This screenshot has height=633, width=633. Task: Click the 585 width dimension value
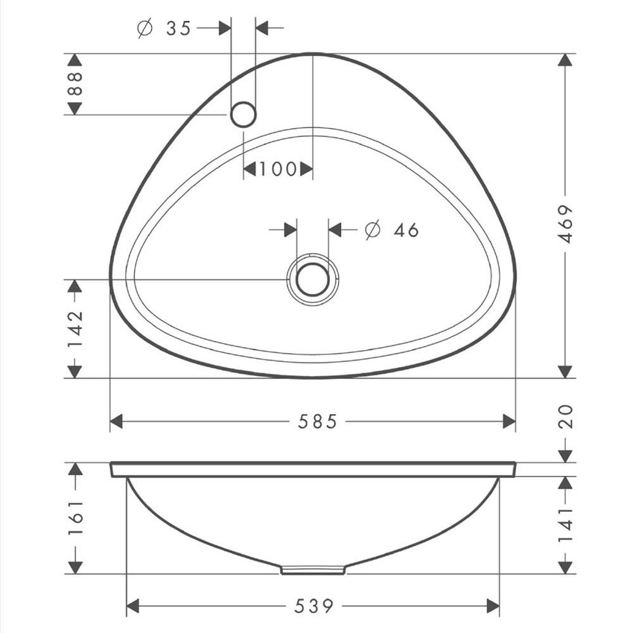pyautogui.click(x=318, y=422)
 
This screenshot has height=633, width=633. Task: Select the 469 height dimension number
pyautogui.click(x=565, y=223)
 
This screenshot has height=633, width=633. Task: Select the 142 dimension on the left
pyautogui.click(x=75, y=328)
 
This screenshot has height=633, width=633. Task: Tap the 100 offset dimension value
pyautogui.click(x=278, y=169)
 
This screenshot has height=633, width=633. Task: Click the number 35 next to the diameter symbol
pyautogui.click(x=178, y=28)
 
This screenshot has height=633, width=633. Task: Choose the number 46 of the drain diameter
pyautogui.click(x=406, y=230)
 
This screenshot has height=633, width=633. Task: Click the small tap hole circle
pyautogui.click(x=244, y=114)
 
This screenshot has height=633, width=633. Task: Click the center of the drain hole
pyautogui.click(x=312, y=279)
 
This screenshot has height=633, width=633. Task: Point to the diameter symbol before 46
pyautogui.click(x=373, y=230)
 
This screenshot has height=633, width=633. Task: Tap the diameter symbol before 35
pyautogui.click(x=145, y=28)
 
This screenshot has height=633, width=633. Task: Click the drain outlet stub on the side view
pyautogui.click(x=313, y=570)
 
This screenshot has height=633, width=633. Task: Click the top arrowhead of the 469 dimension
pyautogui.click(x=565, y=61)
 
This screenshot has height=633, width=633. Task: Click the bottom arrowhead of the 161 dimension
pyautogui.click(x=75, y=567)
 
